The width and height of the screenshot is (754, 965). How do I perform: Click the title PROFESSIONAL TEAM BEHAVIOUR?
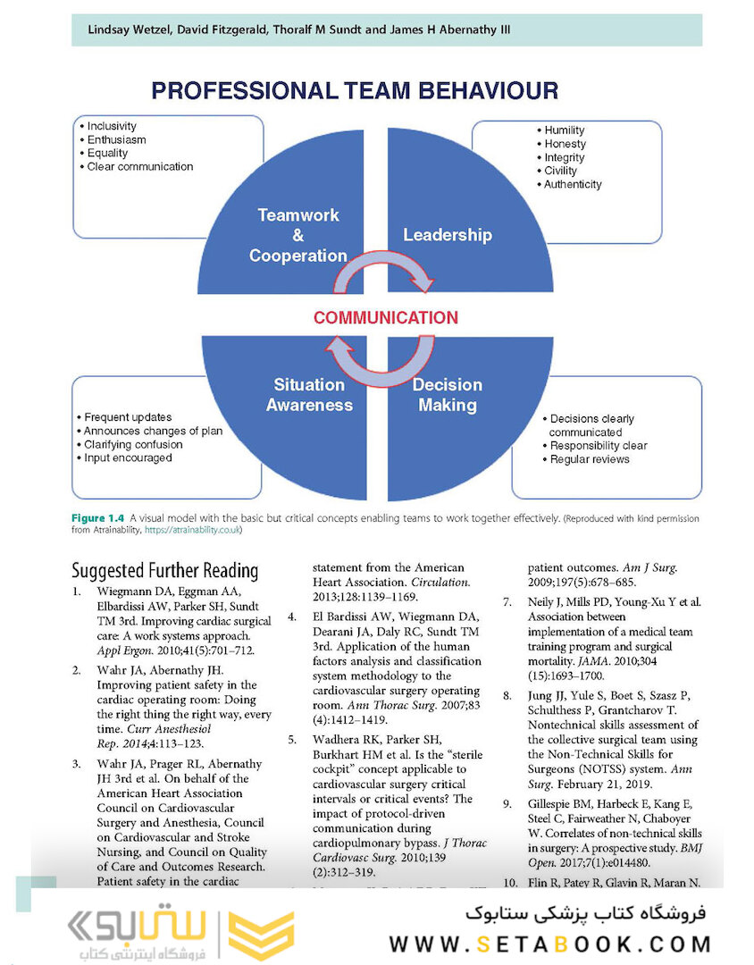pyautogui.click(x=355, y=90)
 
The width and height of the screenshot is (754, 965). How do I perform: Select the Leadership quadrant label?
pyautogui.click(x=447, y=235)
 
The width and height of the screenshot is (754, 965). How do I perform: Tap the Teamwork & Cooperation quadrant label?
pyautogui.click(x=298, y=235)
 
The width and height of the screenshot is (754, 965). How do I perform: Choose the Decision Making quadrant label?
pyautogui.click(x=447, y=395)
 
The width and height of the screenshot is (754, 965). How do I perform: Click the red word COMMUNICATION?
pyautogui.click(x=385, y=317)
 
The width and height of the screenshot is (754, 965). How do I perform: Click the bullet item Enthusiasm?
pyautogui.click(x=116, y=140)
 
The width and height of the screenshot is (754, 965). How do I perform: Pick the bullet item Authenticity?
pyautogui.click(x=573, y=184)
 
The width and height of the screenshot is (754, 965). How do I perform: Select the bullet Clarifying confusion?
pyautogui.click(x=133, y=444)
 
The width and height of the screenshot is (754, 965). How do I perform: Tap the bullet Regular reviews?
pyautogui.click(x=589, y=459)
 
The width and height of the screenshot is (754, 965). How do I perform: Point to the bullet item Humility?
pyautogui.click(x=565, y=130)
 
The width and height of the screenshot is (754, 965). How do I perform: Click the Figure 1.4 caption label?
pyautogui.click(x=98, y=518)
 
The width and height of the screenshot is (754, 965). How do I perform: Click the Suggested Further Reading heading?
pyautogui.click(x=164, y=571)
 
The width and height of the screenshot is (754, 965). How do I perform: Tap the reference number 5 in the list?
pyautogui.click(x=292, y=739)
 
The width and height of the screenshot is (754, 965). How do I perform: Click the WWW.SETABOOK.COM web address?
pyautogui.click(x=549, y=944)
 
